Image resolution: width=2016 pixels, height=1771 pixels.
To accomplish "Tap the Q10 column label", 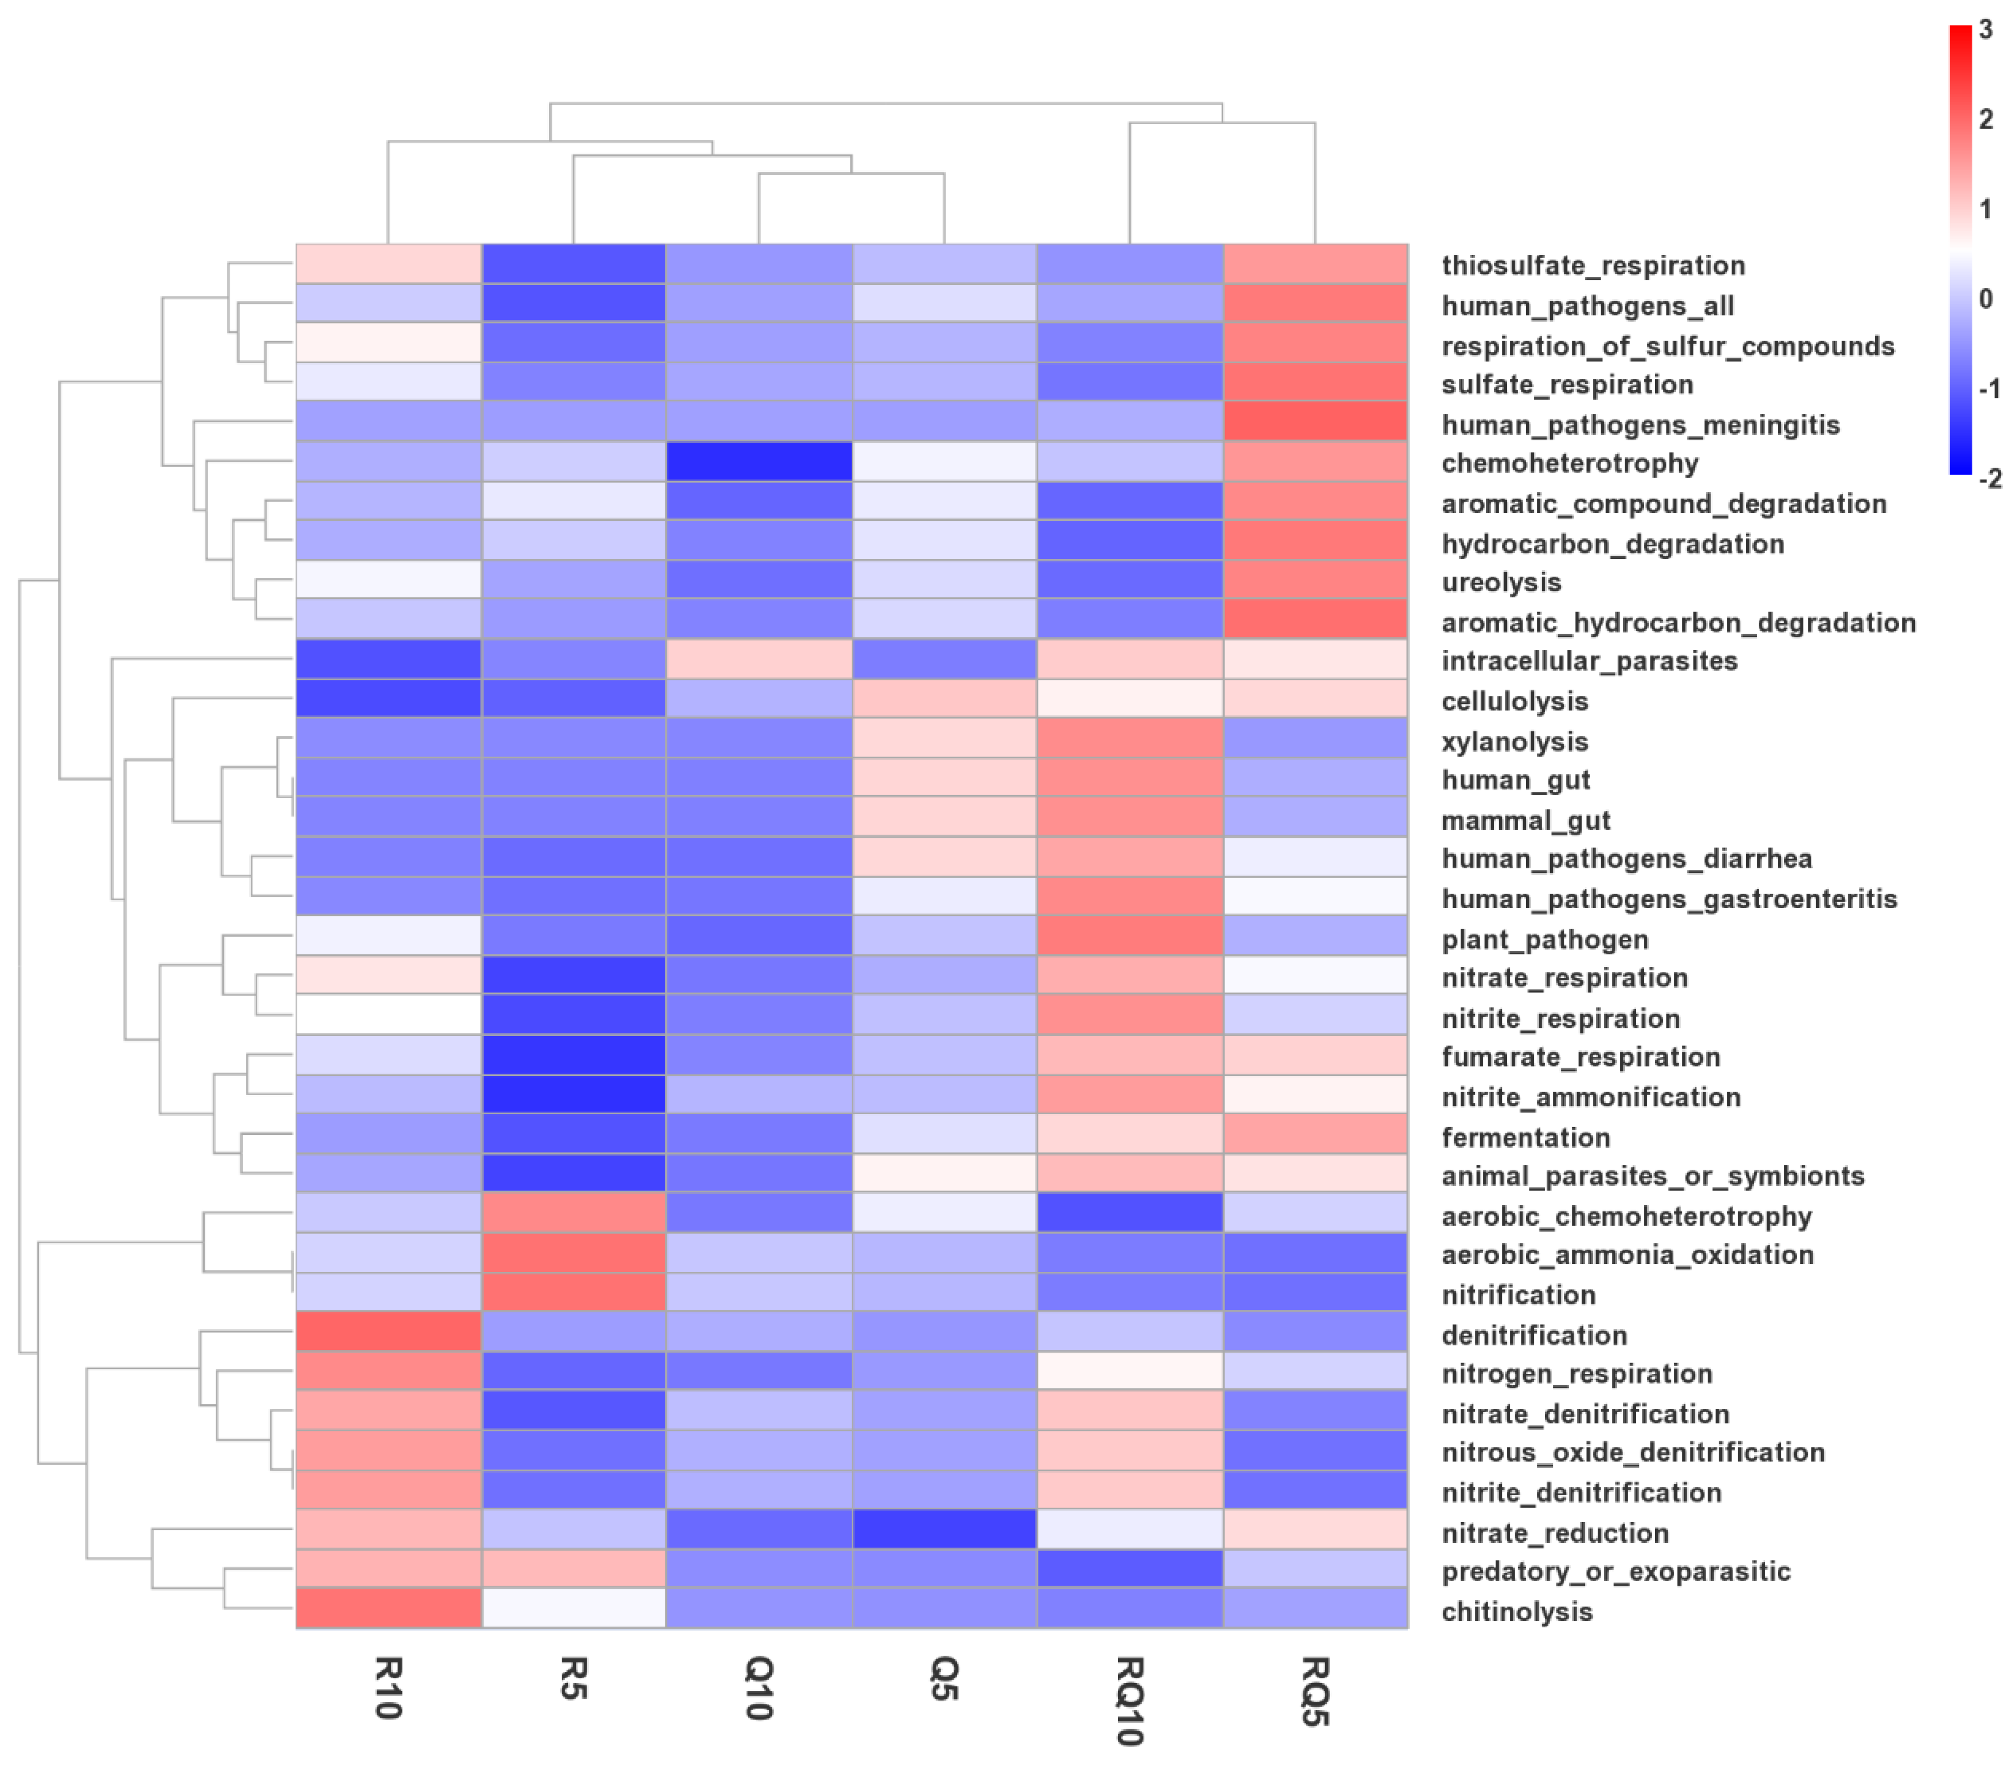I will tap(759, 1688).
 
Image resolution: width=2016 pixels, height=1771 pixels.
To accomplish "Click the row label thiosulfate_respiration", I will tap(1593, 265).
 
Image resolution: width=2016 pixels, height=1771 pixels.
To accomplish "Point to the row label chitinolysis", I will tap(1517, 1611).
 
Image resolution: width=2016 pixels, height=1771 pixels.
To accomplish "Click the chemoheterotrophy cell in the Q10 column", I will tap(759, 461).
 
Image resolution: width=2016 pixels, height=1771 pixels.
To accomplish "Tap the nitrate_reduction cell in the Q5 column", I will tap(944, 1529).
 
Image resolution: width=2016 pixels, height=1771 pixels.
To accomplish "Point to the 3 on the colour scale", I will tap(1986, 29).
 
